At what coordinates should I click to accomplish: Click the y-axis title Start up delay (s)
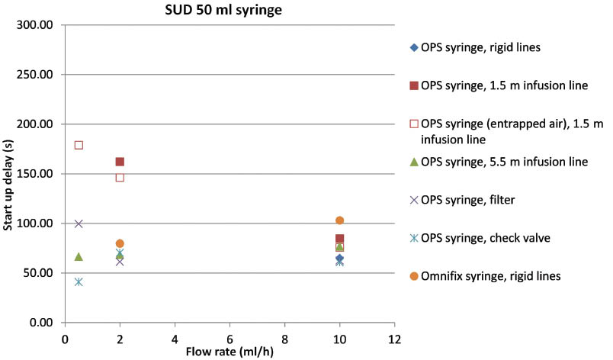[x=11, y=174]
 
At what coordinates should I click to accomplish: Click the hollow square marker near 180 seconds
[x=79, y=145]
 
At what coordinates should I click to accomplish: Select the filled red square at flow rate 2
[x=120, y=162]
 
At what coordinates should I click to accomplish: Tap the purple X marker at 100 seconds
[x=79, y=223]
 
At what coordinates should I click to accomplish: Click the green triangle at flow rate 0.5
[x=79, y=256]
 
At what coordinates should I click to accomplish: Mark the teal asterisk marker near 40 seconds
[x=79, y=281]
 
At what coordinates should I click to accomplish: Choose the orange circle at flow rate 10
[x=339, y=220]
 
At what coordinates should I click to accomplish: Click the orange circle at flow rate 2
[x=120, y=243]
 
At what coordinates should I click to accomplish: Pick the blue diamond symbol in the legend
[x=414, y=47]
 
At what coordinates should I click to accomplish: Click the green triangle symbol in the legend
[x=414, y=162]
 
